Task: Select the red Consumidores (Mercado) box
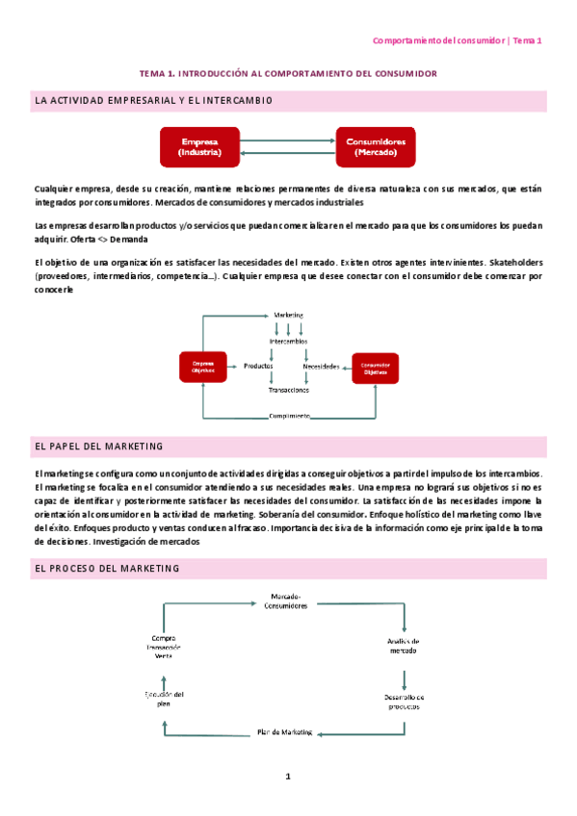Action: [x=376, y=146]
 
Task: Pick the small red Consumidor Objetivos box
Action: [x=375, y=368]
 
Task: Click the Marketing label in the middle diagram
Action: [x=289, y=315]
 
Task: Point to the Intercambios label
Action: [x=289, y=341]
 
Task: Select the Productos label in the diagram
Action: [x=258, y=366]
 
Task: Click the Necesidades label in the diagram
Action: [x=321, y=367]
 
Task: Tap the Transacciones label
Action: [x=289, y=390]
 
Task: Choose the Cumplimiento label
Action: [x=289, y=416]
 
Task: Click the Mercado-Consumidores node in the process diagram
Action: [x=288, y=601]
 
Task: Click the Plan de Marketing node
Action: [x=285, y=732]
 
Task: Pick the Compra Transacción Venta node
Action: [x=164, y=646]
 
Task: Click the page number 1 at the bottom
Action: [x=288, y=777]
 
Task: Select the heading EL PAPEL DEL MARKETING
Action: [x=98, y=447]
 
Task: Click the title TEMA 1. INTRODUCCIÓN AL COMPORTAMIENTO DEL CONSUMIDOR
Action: [x=288, y=73]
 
